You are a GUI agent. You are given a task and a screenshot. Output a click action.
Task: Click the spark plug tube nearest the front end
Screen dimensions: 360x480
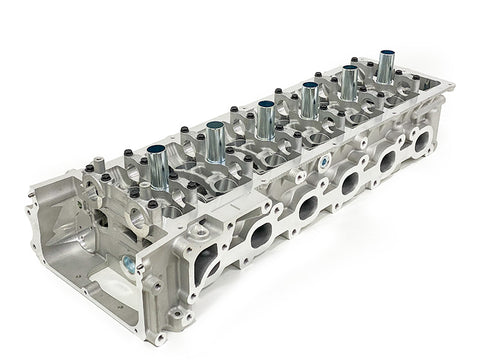(161, 166)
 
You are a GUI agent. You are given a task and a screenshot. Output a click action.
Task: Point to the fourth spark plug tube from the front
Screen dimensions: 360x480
(310, 99)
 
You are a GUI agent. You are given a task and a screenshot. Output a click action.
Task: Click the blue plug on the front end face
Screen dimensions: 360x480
(129, 265)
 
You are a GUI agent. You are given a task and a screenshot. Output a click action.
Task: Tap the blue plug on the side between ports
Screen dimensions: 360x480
(326, 160)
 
